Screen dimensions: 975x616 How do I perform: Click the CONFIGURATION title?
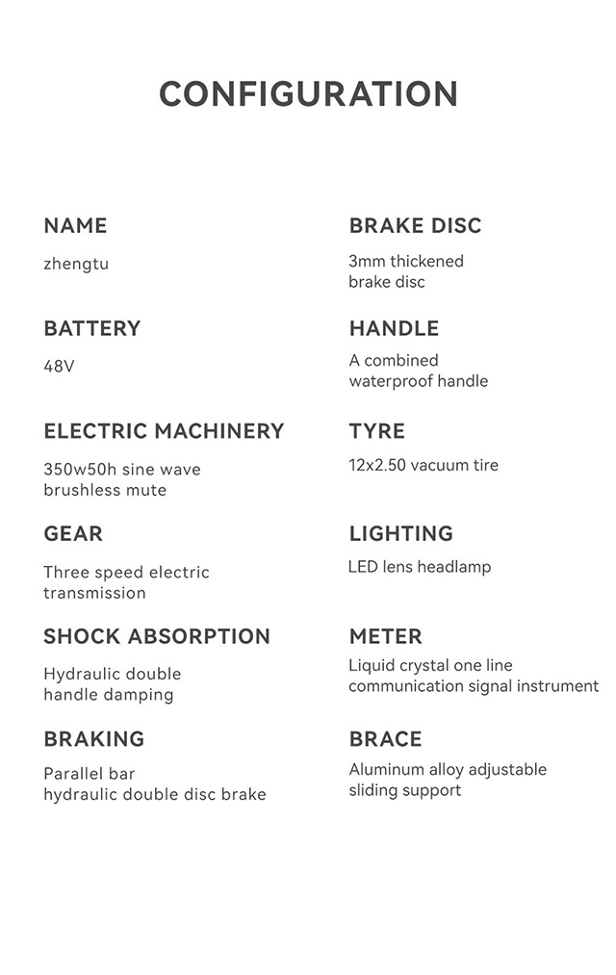pos(308,94)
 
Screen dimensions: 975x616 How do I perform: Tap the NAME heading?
pos(75,226)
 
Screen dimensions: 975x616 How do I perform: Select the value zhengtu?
pos(76,264)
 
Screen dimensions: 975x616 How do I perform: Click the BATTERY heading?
pos(92,329)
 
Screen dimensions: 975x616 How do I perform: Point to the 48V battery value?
pos(59,367)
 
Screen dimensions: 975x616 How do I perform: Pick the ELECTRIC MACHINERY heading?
pos(164,431)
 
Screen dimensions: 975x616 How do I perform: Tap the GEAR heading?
pos(73,534)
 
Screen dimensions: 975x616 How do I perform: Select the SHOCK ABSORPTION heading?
pos(157,636)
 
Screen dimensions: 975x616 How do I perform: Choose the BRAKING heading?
pos(94,739)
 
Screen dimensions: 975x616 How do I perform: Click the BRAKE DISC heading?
pos(415,226)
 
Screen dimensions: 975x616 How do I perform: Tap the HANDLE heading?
pos(394,329)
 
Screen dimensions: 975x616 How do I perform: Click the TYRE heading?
pos(377,431)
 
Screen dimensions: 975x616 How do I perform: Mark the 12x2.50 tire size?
pos(377,466)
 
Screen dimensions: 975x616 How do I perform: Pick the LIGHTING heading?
pos(400,534)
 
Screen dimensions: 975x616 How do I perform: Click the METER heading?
pos(385,636)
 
